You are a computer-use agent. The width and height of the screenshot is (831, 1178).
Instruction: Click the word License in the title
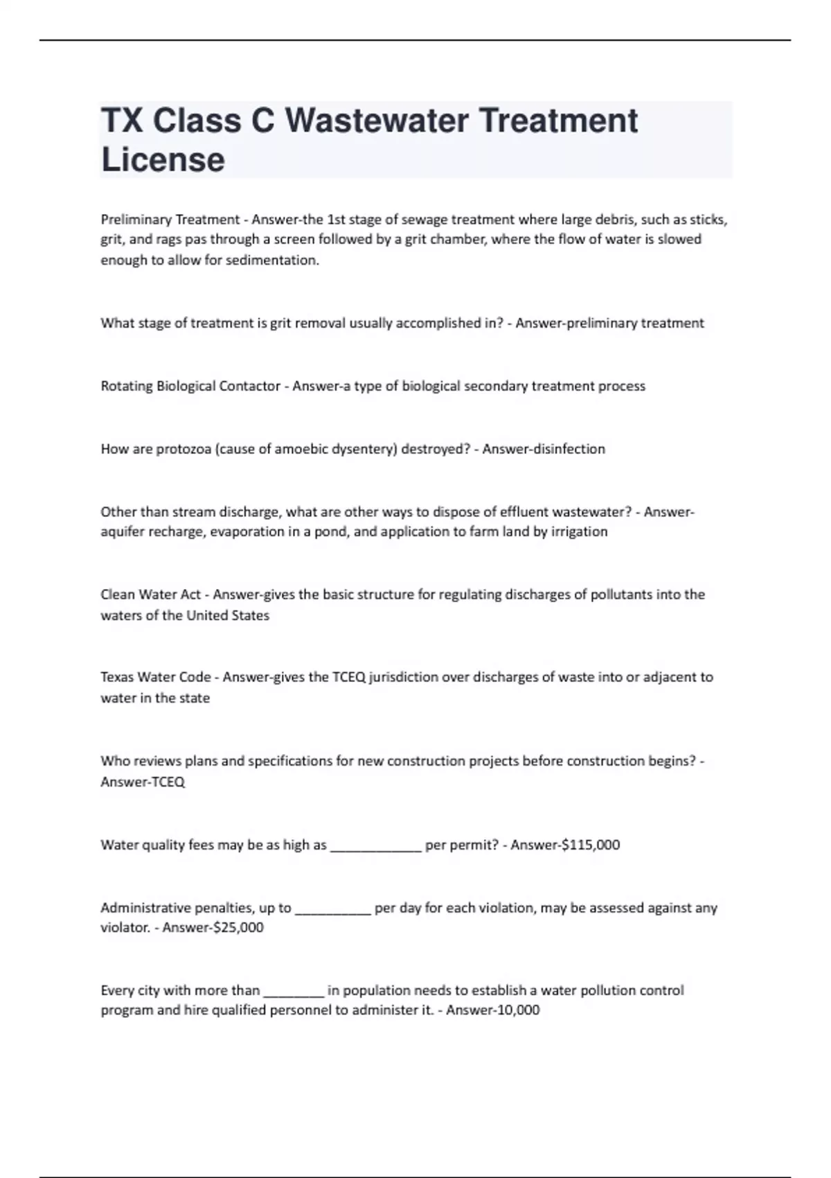point(163,159)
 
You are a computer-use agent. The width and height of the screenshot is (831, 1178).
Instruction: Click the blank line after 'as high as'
point(376,847)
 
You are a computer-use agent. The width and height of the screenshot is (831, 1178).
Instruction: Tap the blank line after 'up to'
point(333,911)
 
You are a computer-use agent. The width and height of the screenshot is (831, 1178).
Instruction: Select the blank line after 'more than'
point(294,993)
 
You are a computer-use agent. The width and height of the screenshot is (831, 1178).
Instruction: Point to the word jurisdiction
point(403,677)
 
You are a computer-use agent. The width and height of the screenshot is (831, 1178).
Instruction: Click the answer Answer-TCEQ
point(143,782)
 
